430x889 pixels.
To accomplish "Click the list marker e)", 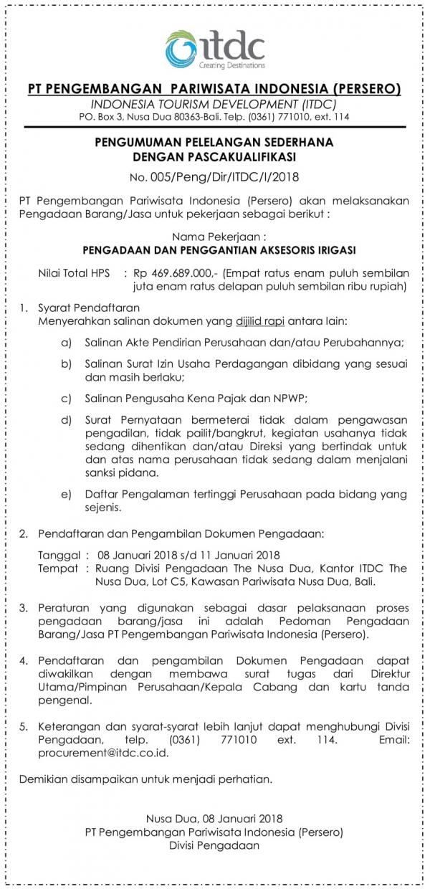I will click(x=67, y=494).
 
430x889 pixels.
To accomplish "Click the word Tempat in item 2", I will click(x=57, y=568).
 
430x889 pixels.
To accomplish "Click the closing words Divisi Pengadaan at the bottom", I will click(x=214, y=845).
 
